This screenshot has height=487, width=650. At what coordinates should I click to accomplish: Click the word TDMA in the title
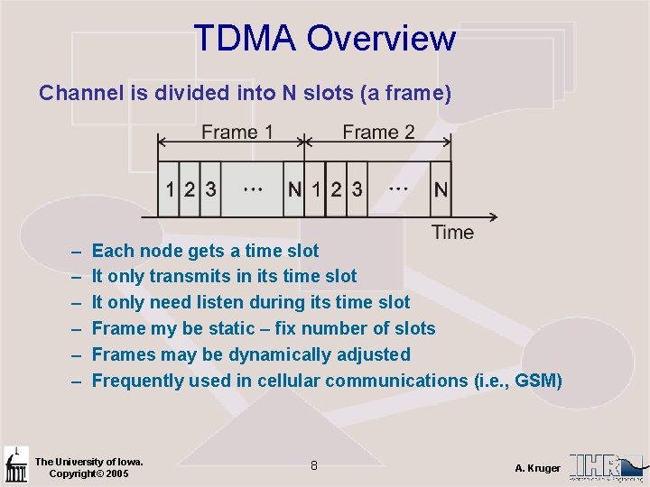245,39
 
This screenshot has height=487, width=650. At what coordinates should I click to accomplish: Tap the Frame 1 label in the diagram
237,133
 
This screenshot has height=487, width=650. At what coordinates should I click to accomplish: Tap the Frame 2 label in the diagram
378,133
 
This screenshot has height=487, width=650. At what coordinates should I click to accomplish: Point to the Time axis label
452,233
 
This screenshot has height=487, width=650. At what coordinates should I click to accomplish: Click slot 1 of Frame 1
171,189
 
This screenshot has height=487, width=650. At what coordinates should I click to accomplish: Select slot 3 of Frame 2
357,189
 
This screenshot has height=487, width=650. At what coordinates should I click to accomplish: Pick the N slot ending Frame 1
295,189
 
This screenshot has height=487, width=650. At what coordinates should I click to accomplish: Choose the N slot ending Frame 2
441,189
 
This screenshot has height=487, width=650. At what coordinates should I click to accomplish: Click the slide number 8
313,466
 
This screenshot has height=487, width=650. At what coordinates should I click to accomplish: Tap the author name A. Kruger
537,468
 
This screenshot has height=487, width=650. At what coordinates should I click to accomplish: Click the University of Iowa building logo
15,464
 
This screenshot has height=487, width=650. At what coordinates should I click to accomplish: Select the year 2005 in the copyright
116,473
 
